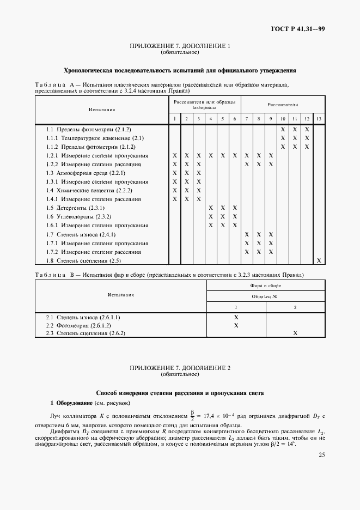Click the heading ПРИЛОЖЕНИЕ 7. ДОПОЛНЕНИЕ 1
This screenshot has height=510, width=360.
(x=180, y=46)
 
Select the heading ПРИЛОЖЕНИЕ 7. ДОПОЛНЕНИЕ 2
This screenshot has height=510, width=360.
(x=180, y=368)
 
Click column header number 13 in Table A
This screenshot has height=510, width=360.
(x=319, y=119)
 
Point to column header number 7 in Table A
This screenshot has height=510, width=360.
(x=247, y=119)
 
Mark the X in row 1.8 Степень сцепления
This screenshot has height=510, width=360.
(x=319, y=260)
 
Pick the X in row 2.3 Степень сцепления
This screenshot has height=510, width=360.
(x=295, y=333)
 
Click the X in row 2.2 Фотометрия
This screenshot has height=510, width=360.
(x=236, y=325)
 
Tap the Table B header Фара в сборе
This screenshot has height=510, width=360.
(x=266, y=286)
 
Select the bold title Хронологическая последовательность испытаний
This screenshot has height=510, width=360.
(x=180, y=70)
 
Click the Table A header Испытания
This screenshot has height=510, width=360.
(x=102, y=110)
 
